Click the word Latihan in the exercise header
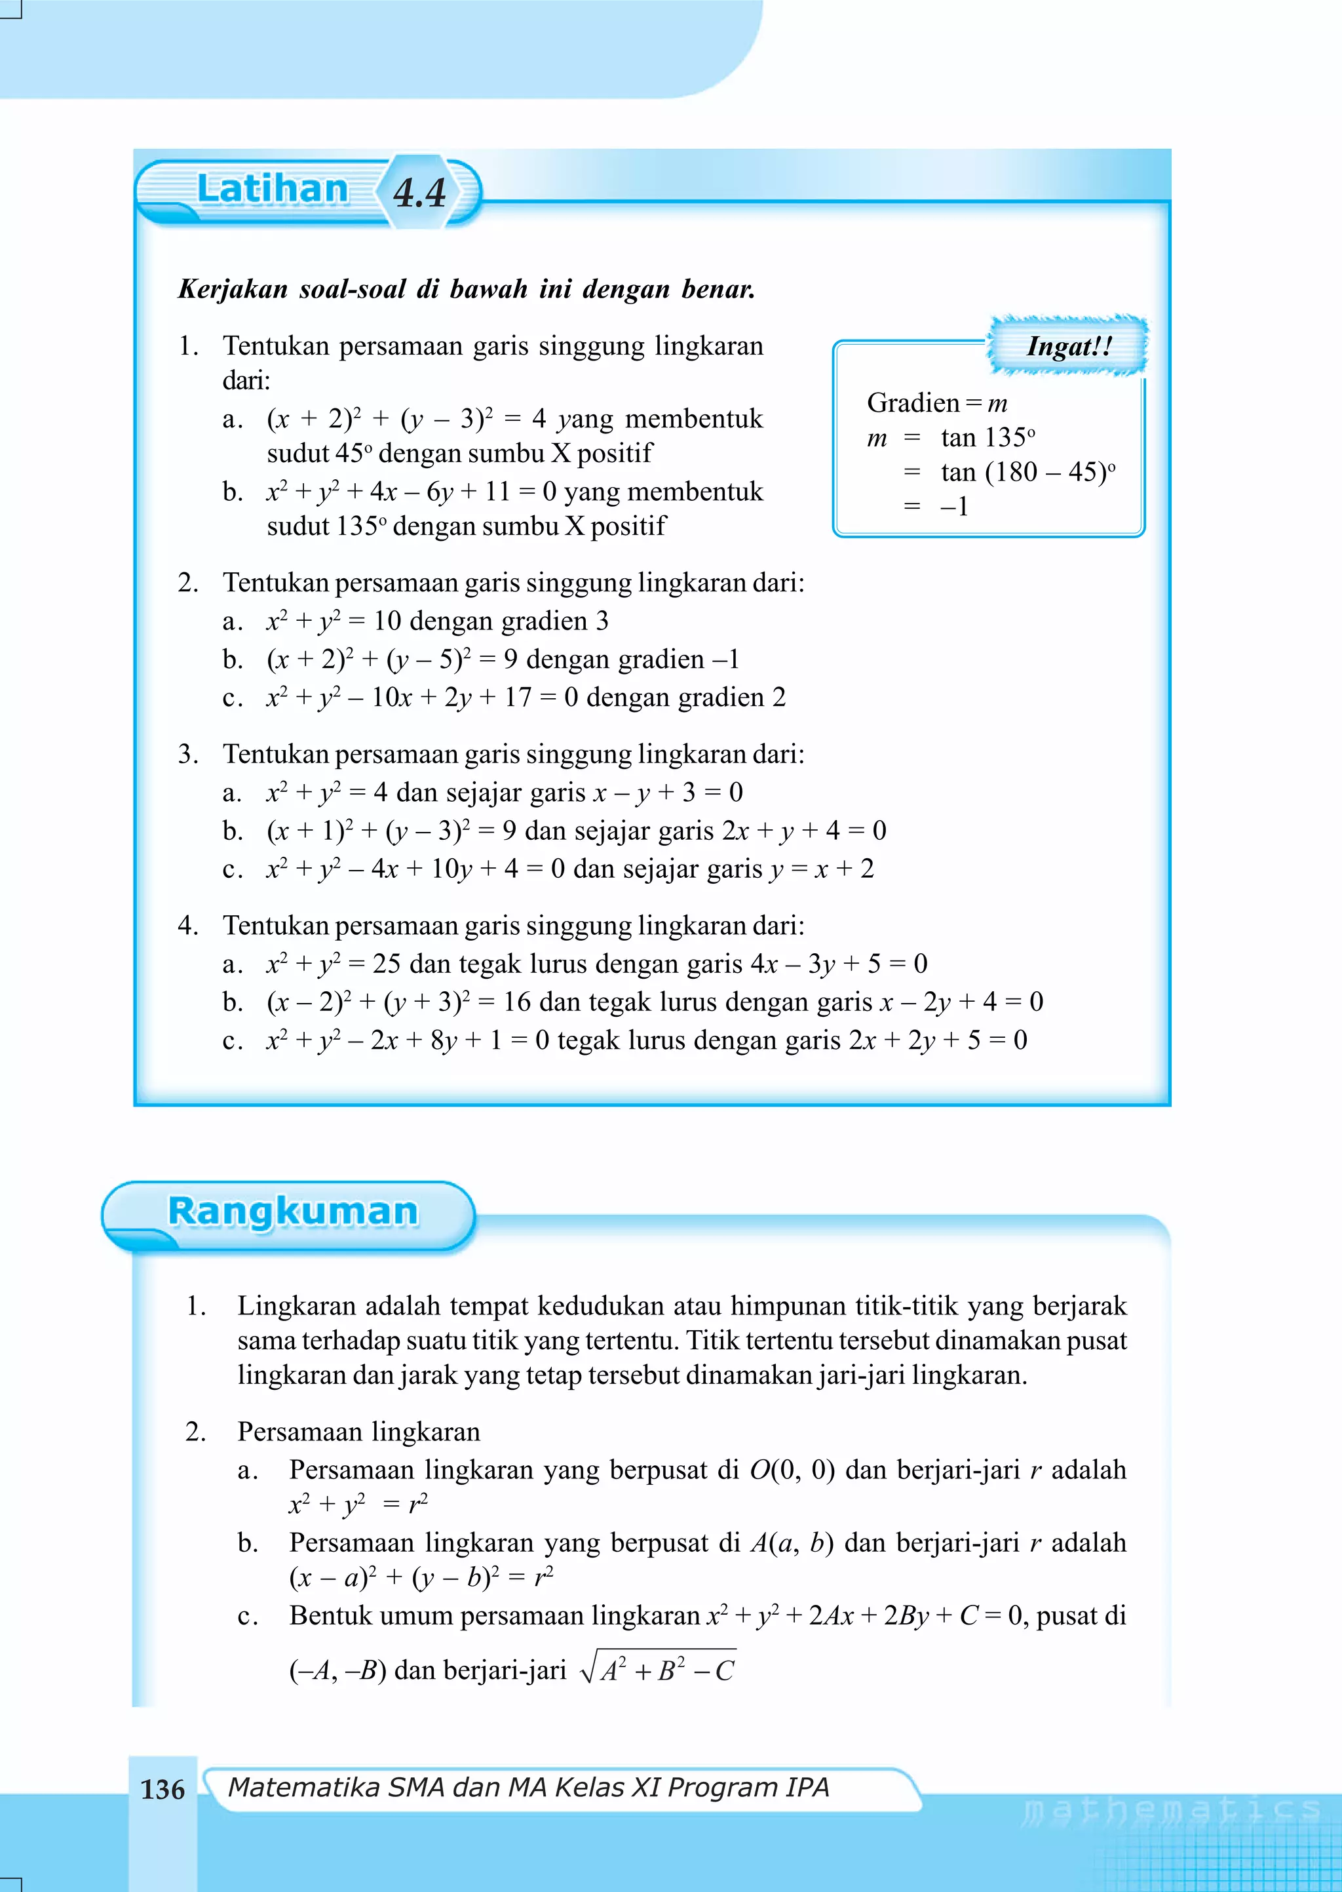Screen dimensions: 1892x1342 point(272,189)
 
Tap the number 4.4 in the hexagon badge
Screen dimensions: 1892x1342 point(420,193)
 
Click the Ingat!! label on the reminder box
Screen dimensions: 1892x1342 point(1069,345)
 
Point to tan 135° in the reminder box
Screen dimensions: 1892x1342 point(987,437)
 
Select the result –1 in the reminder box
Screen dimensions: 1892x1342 point(955,506)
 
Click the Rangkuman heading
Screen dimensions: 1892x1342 point(292,1212)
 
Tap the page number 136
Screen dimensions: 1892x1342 point(163,1790)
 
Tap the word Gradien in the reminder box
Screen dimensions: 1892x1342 point(912,403)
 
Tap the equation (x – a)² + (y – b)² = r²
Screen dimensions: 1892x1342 point(421,1578)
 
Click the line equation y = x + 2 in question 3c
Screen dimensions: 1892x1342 point(822,869)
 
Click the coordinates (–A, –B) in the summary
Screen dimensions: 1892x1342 point(337,1671)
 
